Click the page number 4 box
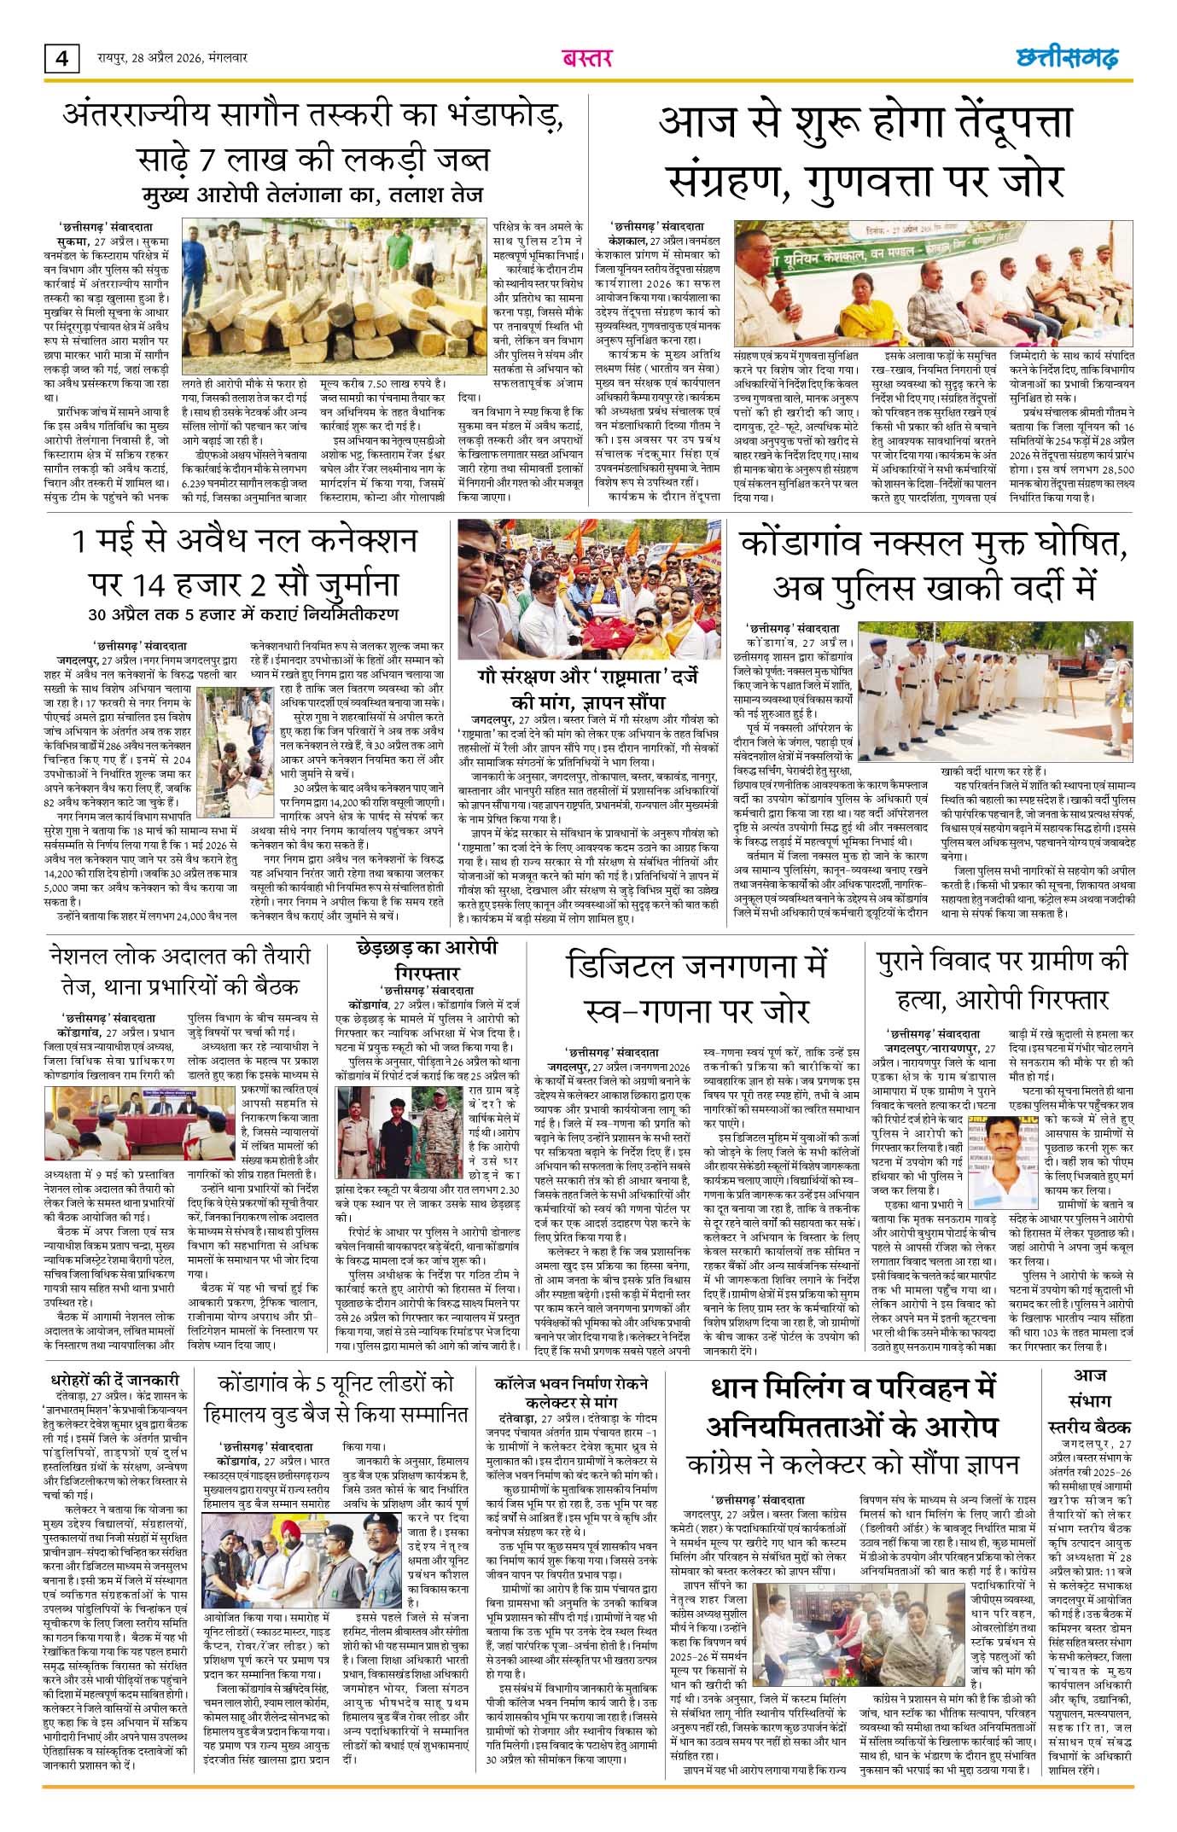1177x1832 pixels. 61,59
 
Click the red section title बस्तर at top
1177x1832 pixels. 587,58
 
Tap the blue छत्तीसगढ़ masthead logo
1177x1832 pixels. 1067,58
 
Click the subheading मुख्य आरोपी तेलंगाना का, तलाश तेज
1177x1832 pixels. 312,193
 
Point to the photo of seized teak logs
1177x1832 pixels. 334,298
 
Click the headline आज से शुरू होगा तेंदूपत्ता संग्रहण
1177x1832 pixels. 865,152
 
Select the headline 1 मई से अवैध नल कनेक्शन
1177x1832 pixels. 244,563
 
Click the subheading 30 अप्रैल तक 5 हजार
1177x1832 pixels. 244,614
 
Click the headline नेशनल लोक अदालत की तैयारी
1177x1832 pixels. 179,972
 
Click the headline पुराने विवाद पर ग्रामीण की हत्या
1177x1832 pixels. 1002,980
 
